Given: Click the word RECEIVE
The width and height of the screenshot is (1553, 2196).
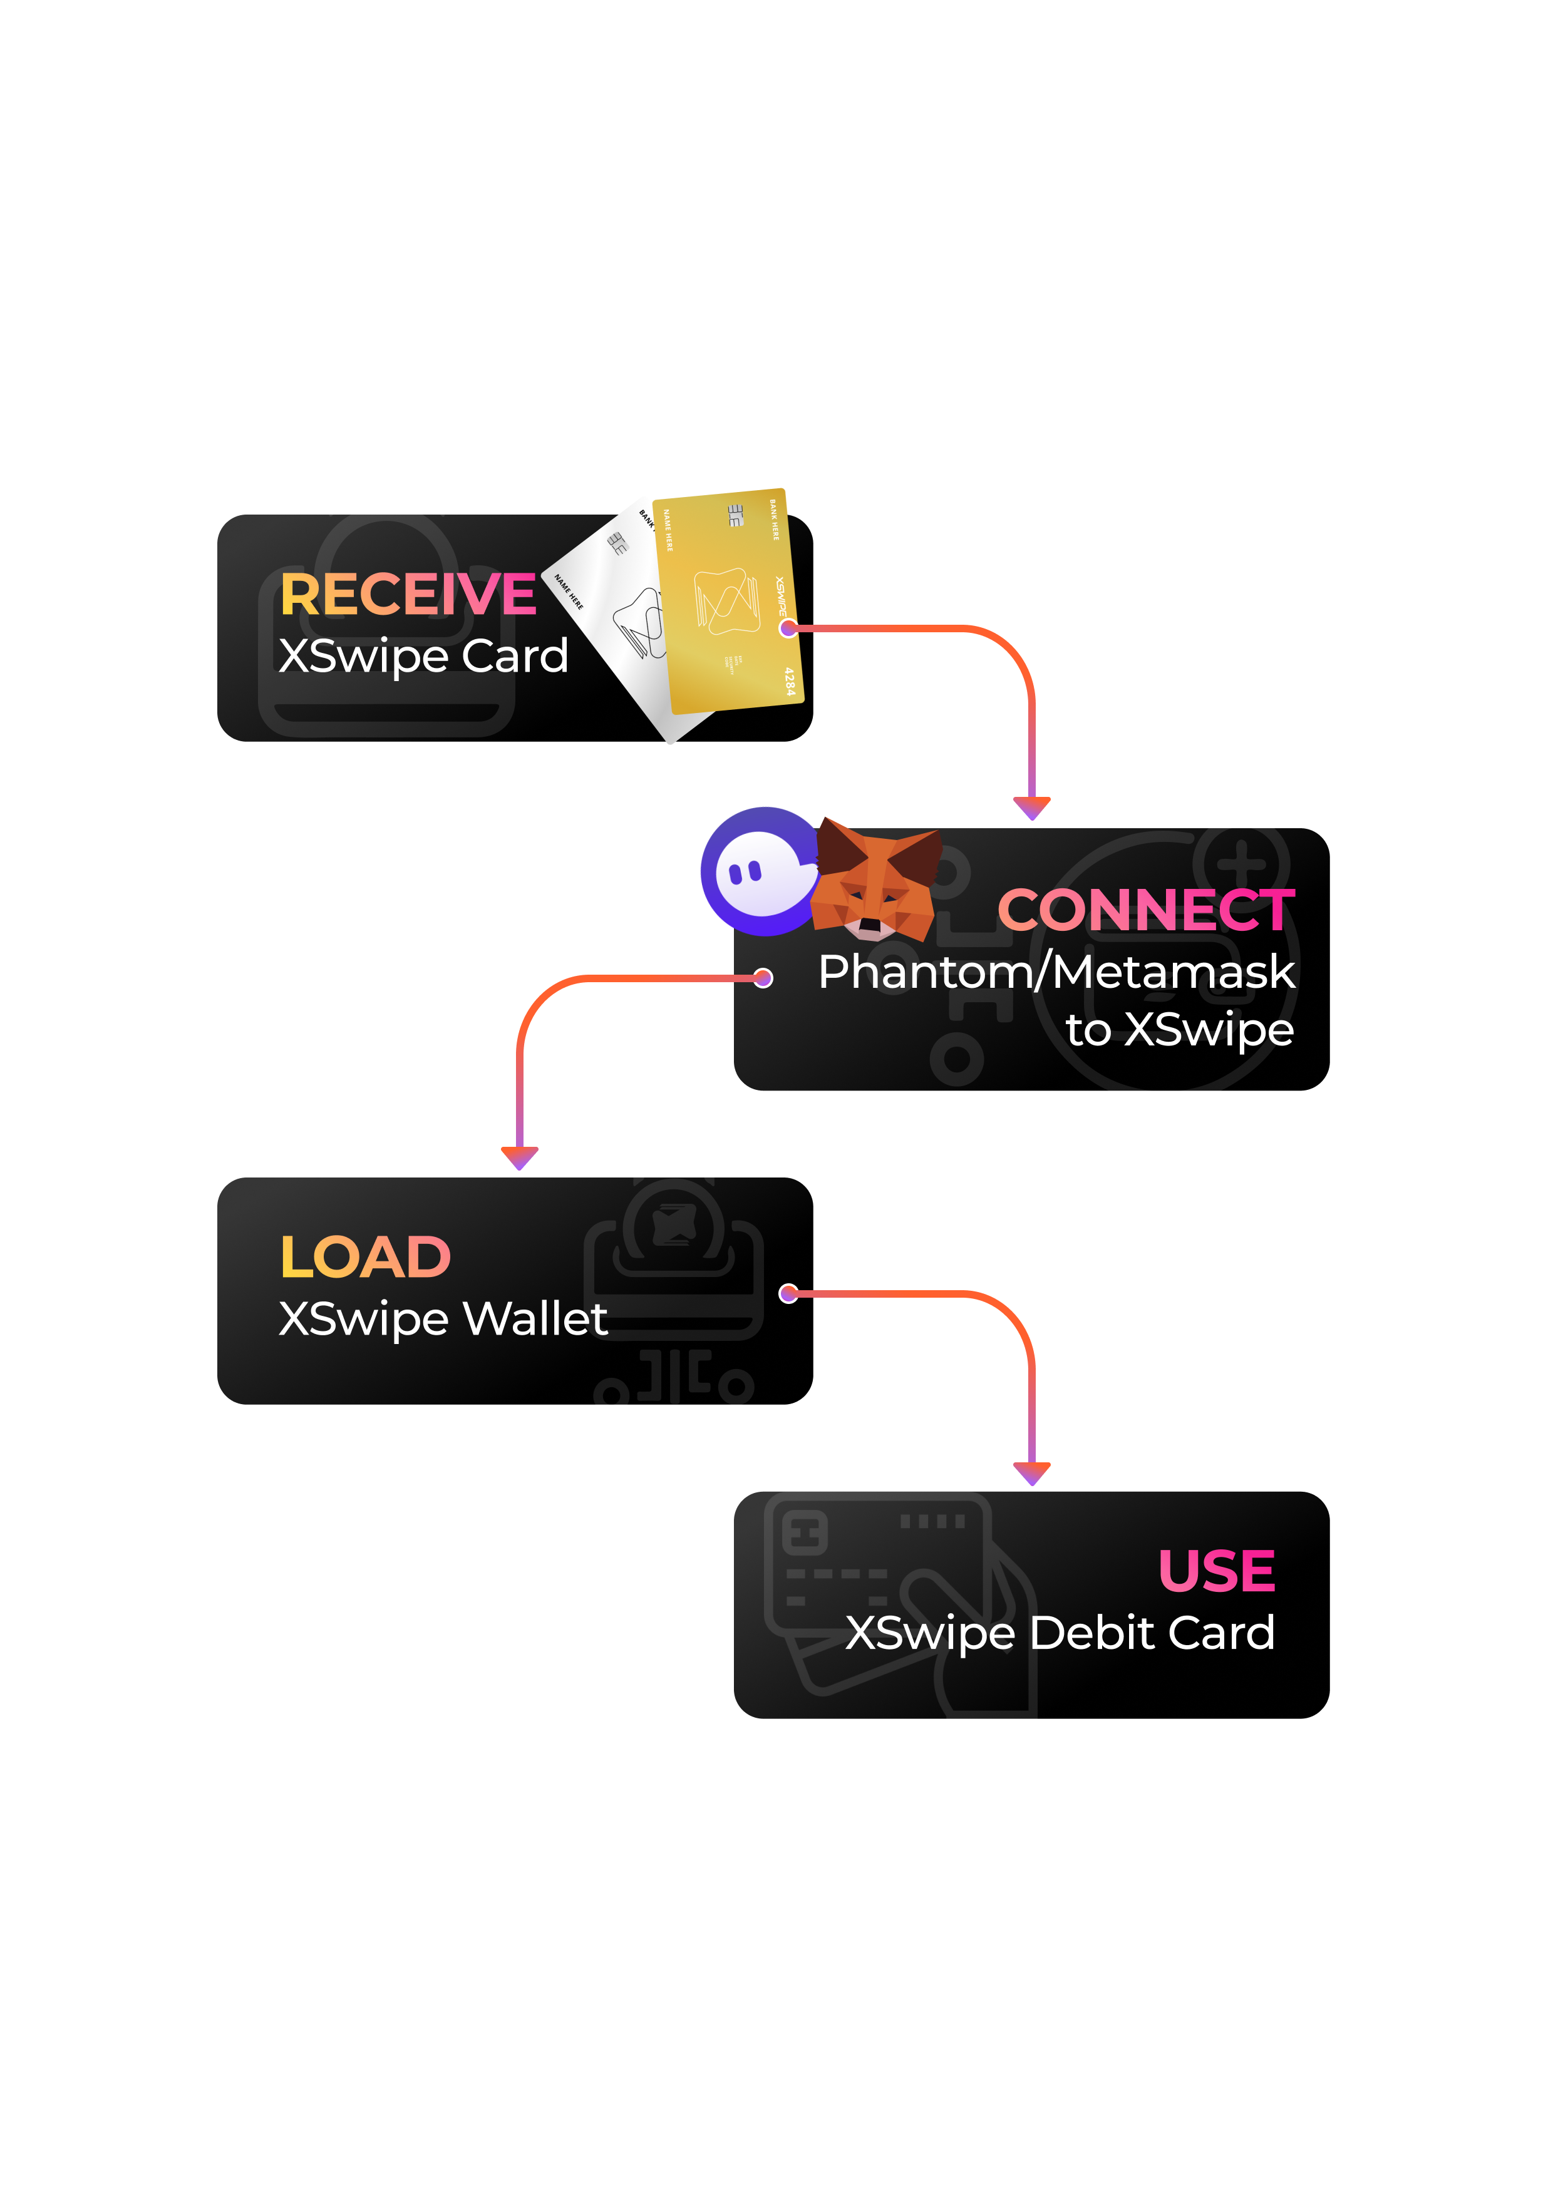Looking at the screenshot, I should tap(408, 595).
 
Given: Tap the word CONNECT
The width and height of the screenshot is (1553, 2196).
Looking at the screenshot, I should tap(1145, 910).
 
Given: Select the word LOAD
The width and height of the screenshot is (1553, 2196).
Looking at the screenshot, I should tap(364, 1257).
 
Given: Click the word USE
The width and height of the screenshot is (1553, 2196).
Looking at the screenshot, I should tap(1216, 1571).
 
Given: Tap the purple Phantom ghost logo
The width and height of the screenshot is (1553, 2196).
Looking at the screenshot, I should tap(761, 871).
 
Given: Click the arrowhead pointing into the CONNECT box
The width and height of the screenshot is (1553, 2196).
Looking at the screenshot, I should tap(1031, 808).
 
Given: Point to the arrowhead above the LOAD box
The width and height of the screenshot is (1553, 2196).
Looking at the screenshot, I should tap(520, 1157).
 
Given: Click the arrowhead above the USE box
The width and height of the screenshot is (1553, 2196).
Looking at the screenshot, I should tap(1031, 1473).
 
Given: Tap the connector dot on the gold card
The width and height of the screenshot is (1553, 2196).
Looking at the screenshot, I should tap(788, 629).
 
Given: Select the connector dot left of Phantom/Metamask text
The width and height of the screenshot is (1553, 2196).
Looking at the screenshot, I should tap(763, 977).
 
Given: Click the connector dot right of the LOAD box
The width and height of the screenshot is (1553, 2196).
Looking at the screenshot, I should tap(788, 1294).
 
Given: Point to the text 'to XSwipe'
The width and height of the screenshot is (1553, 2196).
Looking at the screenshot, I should tap(1180, 1030).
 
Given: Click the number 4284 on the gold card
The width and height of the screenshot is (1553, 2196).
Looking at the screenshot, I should tap(790, 681).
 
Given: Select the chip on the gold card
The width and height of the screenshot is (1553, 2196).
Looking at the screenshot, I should tap(735, 516).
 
